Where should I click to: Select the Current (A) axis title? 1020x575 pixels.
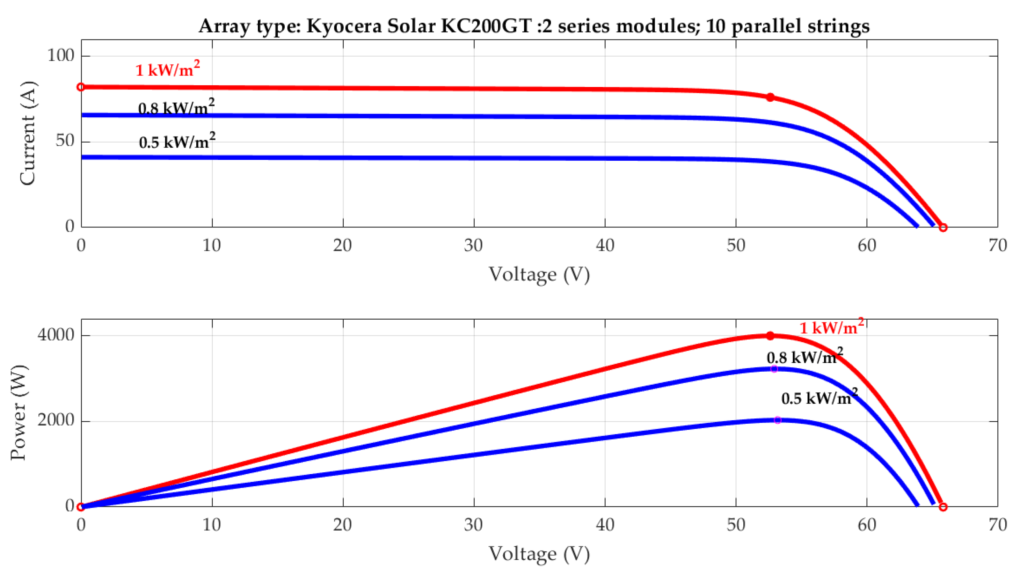(x=28, y=133)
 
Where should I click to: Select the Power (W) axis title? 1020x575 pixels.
(x=18, y=412)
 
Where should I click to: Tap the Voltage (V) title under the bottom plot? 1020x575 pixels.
(x=539, y=554)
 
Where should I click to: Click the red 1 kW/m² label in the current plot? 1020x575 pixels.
(x=167, y=69)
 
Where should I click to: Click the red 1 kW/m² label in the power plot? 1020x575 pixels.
(x=831, y=327)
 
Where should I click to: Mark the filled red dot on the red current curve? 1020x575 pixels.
(x=770, y=97)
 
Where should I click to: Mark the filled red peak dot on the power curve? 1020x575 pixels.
(x=770, y=336)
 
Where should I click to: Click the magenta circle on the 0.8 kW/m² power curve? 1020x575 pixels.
(x=774, y=369)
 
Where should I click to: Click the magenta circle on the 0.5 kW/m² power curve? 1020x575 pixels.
(x=777, y=420)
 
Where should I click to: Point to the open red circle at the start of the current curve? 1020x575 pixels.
(x=81, y=87)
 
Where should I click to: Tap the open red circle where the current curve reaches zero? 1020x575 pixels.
(x=943, y=227)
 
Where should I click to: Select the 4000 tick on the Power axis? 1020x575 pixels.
(x=56, y=335)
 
